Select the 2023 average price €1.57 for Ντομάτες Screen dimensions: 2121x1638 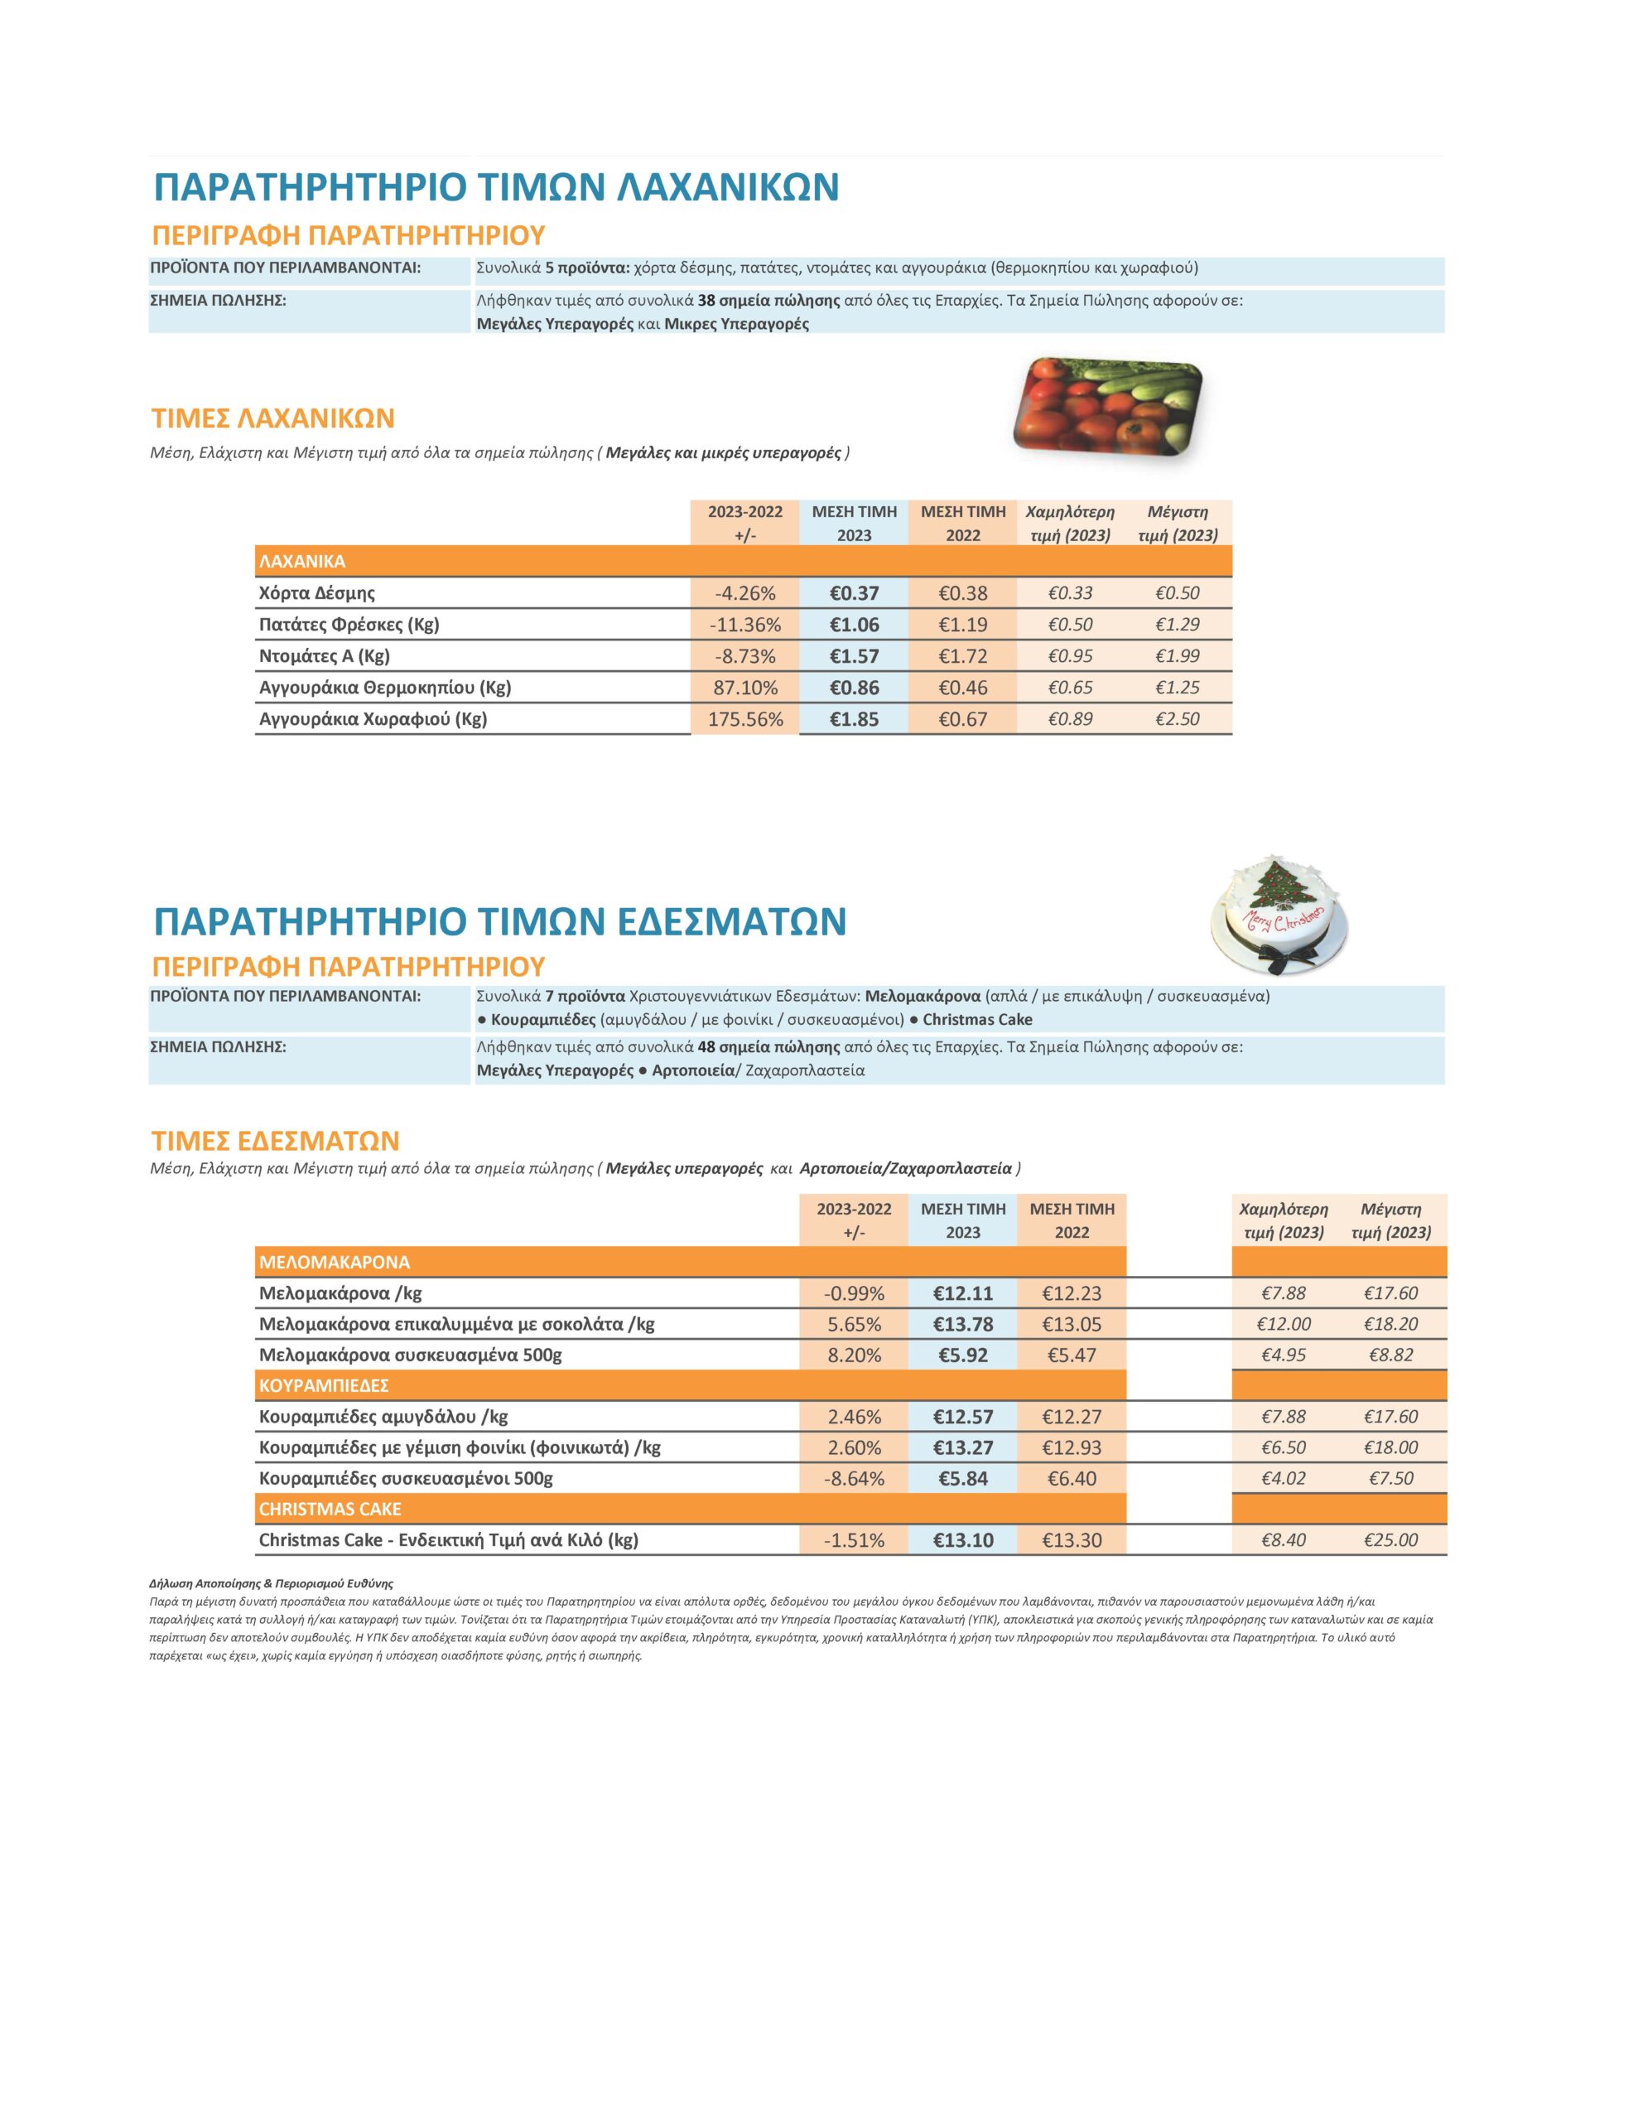coord(854,656)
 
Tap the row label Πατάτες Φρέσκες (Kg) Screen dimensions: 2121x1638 coord(349,625)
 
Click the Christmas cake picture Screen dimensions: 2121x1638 coord(1278,919)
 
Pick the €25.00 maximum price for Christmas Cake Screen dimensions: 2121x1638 coord(1390,1540)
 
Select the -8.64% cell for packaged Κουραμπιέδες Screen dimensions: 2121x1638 coord(855,1479)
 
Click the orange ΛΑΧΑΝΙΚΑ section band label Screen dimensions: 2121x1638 coord(302,562)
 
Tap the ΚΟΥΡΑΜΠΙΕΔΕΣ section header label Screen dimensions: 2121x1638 coord(325,1386)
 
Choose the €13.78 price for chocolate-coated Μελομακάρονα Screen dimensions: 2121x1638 coord(962,1325)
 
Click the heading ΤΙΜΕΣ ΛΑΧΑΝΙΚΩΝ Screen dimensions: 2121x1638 coord(272,418)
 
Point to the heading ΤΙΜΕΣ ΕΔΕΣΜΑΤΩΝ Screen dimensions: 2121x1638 coord(275,1140)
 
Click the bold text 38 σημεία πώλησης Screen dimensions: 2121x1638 coord(768,301)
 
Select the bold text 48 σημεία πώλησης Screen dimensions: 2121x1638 coord(768,1048)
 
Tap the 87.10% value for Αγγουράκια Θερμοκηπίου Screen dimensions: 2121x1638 coord(744,688)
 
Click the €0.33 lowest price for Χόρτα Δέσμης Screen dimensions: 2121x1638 coord(1070,593)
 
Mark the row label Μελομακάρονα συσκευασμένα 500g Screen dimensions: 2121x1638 coord(410,1355)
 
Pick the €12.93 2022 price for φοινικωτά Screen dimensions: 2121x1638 coord(1071,1448)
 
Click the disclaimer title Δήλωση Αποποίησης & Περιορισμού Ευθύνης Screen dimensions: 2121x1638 coord(271,1584)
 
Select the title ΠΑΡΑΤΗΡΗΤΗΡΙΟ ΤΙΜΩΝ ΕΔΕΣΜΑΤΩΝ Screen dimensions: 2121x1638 coord(500,920)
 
